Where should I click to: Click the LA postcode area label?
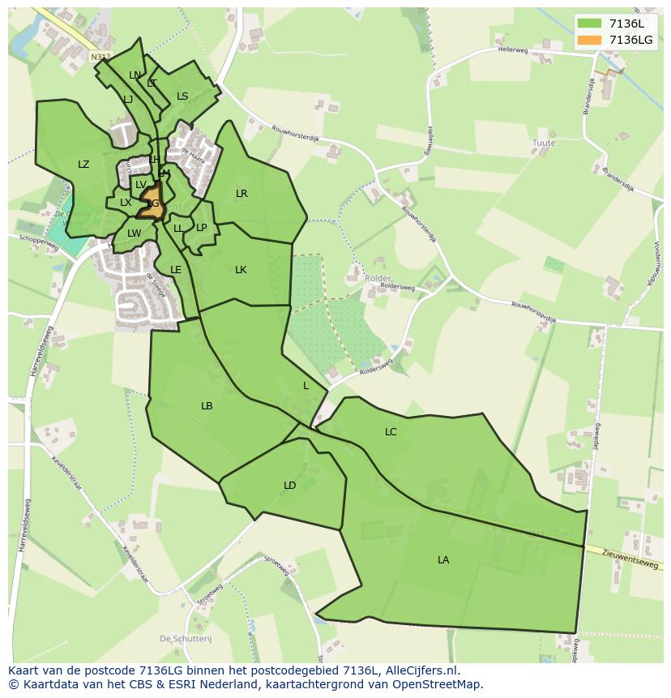pyautogui.click(x=443, y=559)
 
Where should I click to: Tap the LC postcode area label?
pyautogui.click(x=391, y=432)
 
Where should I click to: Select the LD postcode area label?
pyautogui.click(x=289, y=486)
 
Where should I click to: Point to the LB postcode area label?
pyautogui.click(x=207, y=405)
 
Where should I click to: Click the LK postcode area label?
pyautogui.click(x=241, y=269)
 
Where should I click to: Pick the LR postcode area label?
pyautogui.click(x=241, y=194)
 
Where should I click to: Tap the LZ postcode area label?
pyautogui.click(x=83, y=165)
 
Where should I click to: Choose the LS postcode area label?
pyautogui.click(x=182, y=96)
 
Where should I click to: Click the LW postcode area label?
pyautogui.click(x=134, y=233)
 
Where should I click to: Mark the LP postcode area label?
pyautogui.click(x=202, y=228)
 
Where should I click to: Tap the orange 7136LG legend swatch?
pyautogui.click(x=589, y=40)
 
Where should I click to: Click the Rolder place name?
pyautogui.click(x=378, y=278)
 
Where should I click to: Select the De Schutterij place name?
pyautogui.click(x=186, y=639)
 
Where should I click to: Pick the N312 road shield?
pyautogui.click(x=100, y=57)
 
